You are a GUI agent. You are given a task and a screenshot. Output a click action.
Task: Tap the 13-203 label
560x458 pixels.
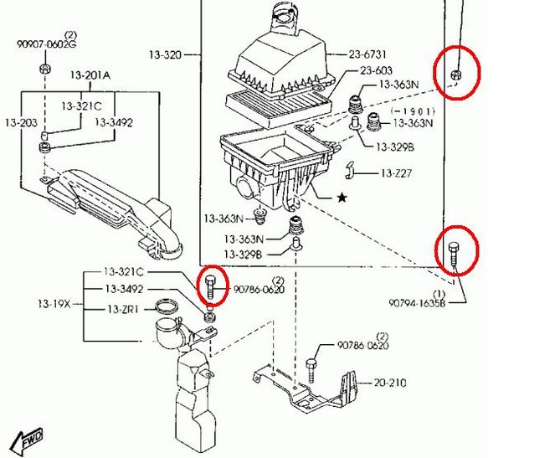[23, 122]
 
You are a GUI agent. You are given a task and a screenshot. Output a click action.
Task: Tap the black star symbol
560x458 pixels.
[341, 198]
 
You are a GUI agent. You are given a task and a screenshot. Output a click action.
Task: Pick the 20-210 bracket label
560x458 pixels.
[390, 383]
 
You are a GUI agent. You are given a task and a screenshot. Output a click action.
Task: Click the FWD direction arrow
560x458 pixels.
[28, 438]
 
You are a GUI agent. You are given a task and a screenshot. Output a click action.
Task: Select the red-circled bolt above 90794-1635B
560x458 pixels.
[455, 251]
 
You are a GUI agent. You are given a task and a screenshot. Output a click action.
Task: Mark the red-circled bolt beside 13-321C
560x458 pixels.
[212, 286]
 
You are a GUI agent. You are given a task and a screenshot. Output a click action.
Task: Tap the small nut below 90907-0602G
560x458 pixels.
[47, 68]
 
